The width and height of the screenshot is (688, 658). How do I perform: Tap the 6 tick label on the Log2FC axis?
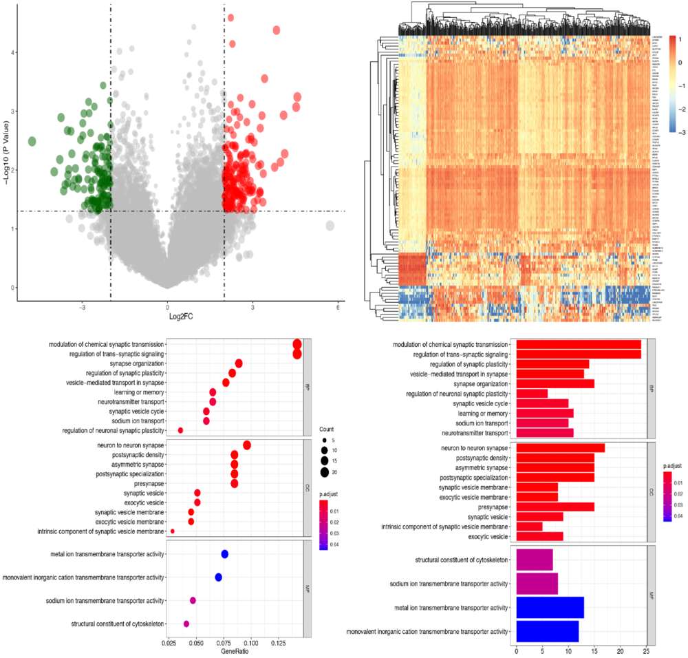(338, 307)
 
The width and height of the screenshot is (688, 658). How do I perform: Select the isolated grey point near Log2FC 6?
(330, 226)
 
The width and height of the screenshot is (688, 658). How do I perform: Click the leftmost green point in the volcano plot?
(32, 141)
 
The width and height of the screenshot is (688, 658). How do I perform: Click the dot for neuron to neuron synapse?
(247, 445)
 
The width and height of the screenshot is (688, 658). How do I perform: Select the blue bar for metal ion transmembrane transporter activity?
(550, 607)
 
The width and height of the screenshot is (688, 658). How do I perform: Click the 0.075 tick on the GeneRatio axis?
(224, 641)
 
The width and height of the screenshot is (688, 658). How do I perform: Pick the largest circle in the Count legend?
(325, 472)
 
